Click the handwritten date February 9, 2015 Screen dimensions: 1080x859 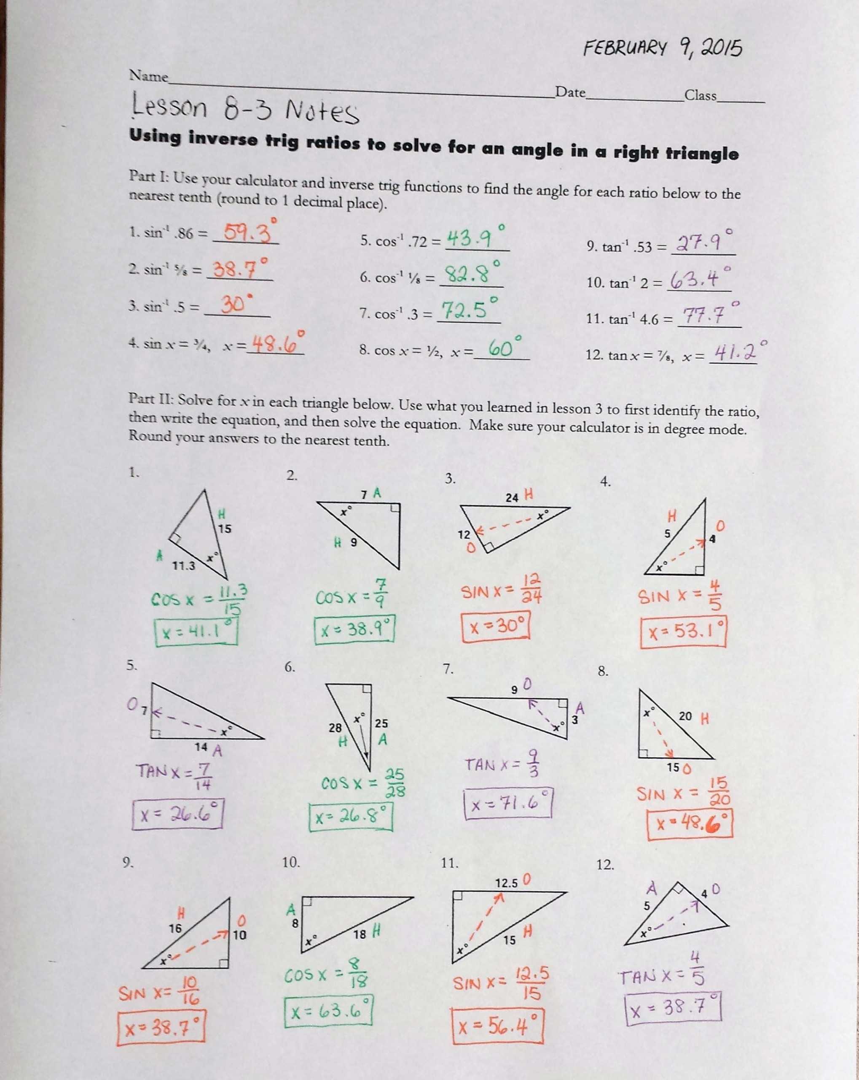[x=662, y=49]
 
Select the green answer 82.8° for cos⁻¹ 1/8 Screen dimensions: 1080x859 [x=471, y=274]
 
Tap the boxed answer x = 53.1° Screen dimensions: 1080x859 [x=683, y=633]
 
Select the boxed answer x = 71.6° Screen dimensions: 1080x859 [x=507, y=804]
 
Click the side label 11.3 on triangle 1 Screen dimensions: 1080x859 [x=184, y=566]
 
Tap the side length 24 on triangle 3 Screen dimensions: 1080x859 [x=512, y=497]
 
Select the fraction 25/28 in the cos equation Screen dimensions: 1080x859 [x=395, y=783]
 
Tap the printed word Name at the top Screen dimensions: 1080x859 [x=149, y=76]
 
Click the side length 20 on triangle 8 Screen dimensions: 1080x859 [x=685, y=716]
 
